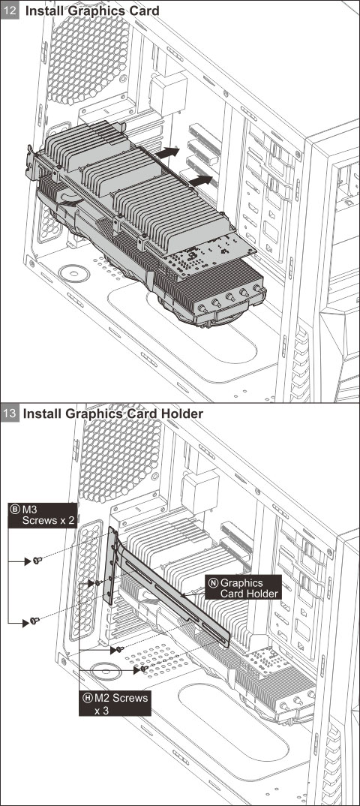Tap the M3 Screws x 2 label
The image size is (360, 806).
(x=43, y=515)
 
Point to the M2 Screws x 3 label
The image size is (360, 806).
(x=115, y=702)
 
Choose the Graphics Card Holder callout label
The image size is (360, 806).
(x=244, y=588)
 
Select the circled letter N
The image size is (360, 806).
(x=213, y=582)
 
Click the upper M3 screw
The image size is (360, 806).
(x=37, y=561)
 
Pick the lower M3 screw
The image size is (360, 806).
(x=34, y=621)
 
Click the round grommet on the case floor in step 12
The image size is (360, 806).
(x=74, y=273)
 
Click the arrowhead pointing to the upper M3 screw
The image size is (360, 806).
(x=28, y=562)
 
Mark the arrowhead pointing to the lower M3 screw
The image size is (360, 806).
(x=25, y=623)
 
